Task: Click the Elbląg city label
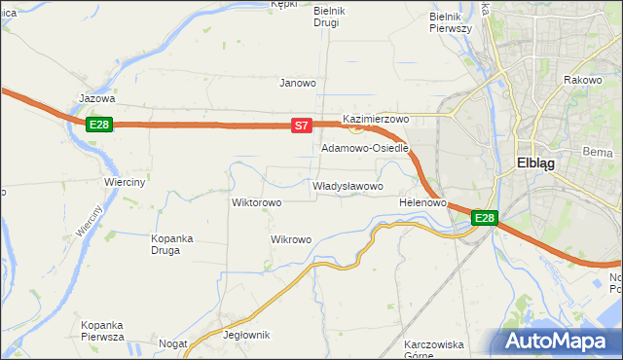(535, 163)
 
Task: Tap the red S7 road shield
(302, 125)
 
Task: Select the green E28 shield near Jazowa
(99, 125)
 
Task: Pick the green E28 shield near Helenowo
(485, 219)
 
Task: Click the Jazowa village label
(97, 98)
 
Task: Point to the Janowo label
(298, 83)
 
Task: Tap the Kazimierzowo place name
(376, 118)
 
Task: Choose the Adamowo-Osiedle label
(365, 149)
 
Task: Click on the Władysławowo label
(348, 186)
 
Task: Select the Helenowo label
(422, 203)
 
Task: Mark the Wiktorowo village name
(256, 203)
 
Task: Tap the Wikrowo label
(291, 239)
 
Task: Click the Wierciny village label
(125, 182)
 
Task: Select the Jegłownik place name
(246, 335)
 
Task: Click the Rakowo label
(582, 80)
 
